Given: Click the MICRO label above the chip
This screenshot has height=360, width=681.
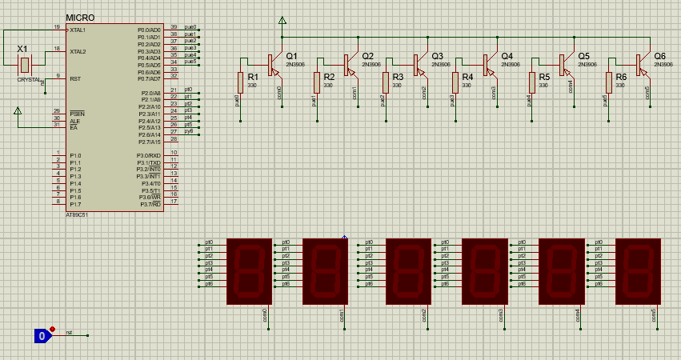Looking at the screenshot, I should pyautogui.click(x=79, y=18).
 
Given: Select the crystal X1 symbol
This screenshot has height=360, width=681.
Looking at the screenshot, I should pyautogui.click(x=25, y=64).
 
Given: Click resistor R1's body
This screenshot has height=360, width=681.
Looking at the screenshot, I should pyautogui.click(x=240, y=82).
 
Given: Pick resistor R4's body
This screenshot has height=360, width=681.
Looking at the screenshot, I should pyautogui.click(x=455, y=82).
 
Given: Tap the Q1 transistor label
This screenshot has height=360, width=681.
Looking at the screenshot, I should pyautogui.click(x=291, y=56).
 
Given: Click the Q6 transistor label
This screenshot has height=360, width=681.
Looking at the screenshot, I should pyautogui.click(x=659, y=56).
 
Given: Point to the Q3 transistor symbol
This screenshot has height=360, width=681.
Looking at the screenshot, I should pyautogui.click(x=418, y=62).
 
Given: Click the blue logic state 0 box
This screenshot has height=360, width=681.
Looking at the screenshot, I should pyautogui.click(x=42, y=336).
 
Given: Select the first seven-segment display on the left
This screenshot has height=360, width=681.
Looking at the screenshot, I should pyautogui.click(x=249, y=270).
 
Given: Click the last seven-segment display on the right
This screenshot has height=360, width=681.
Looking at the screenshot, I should pyautogui.click(x=638, y=270).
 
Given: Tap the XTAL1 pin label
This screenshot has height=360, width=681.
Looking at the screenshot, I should pyautogui.click(x=78, y=30).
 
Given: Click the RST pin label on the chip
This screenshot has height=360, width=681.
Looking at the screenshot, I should pyautogui.click(x=75, y=78).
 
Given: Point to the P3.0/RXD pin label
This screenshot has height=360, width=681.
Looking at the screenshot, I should pyautogui.click(x=149, y=155).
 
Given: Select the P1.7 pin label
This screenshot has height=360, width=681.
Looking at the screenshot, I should pyautogui.click(x=75, y=205).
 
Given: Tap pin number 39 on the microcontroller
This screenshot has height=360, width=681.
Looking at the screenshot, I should pyautogui.click(x=174, y=27).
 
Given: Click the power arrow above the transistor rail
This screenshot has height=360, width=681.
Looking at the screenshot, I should pyautogui.click(x=282, y=21).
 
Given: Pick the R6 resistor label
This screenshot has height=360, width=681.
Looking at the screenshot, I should pyautogui.click(x=620, y=77).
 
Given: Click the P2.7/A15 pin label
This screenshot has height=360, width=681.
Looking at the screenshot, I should pyautogui.click(x=149, y=142).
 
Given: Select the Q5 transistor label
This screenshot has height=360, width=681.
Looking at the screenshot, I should pyautogui.click(x=583, y=56).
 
